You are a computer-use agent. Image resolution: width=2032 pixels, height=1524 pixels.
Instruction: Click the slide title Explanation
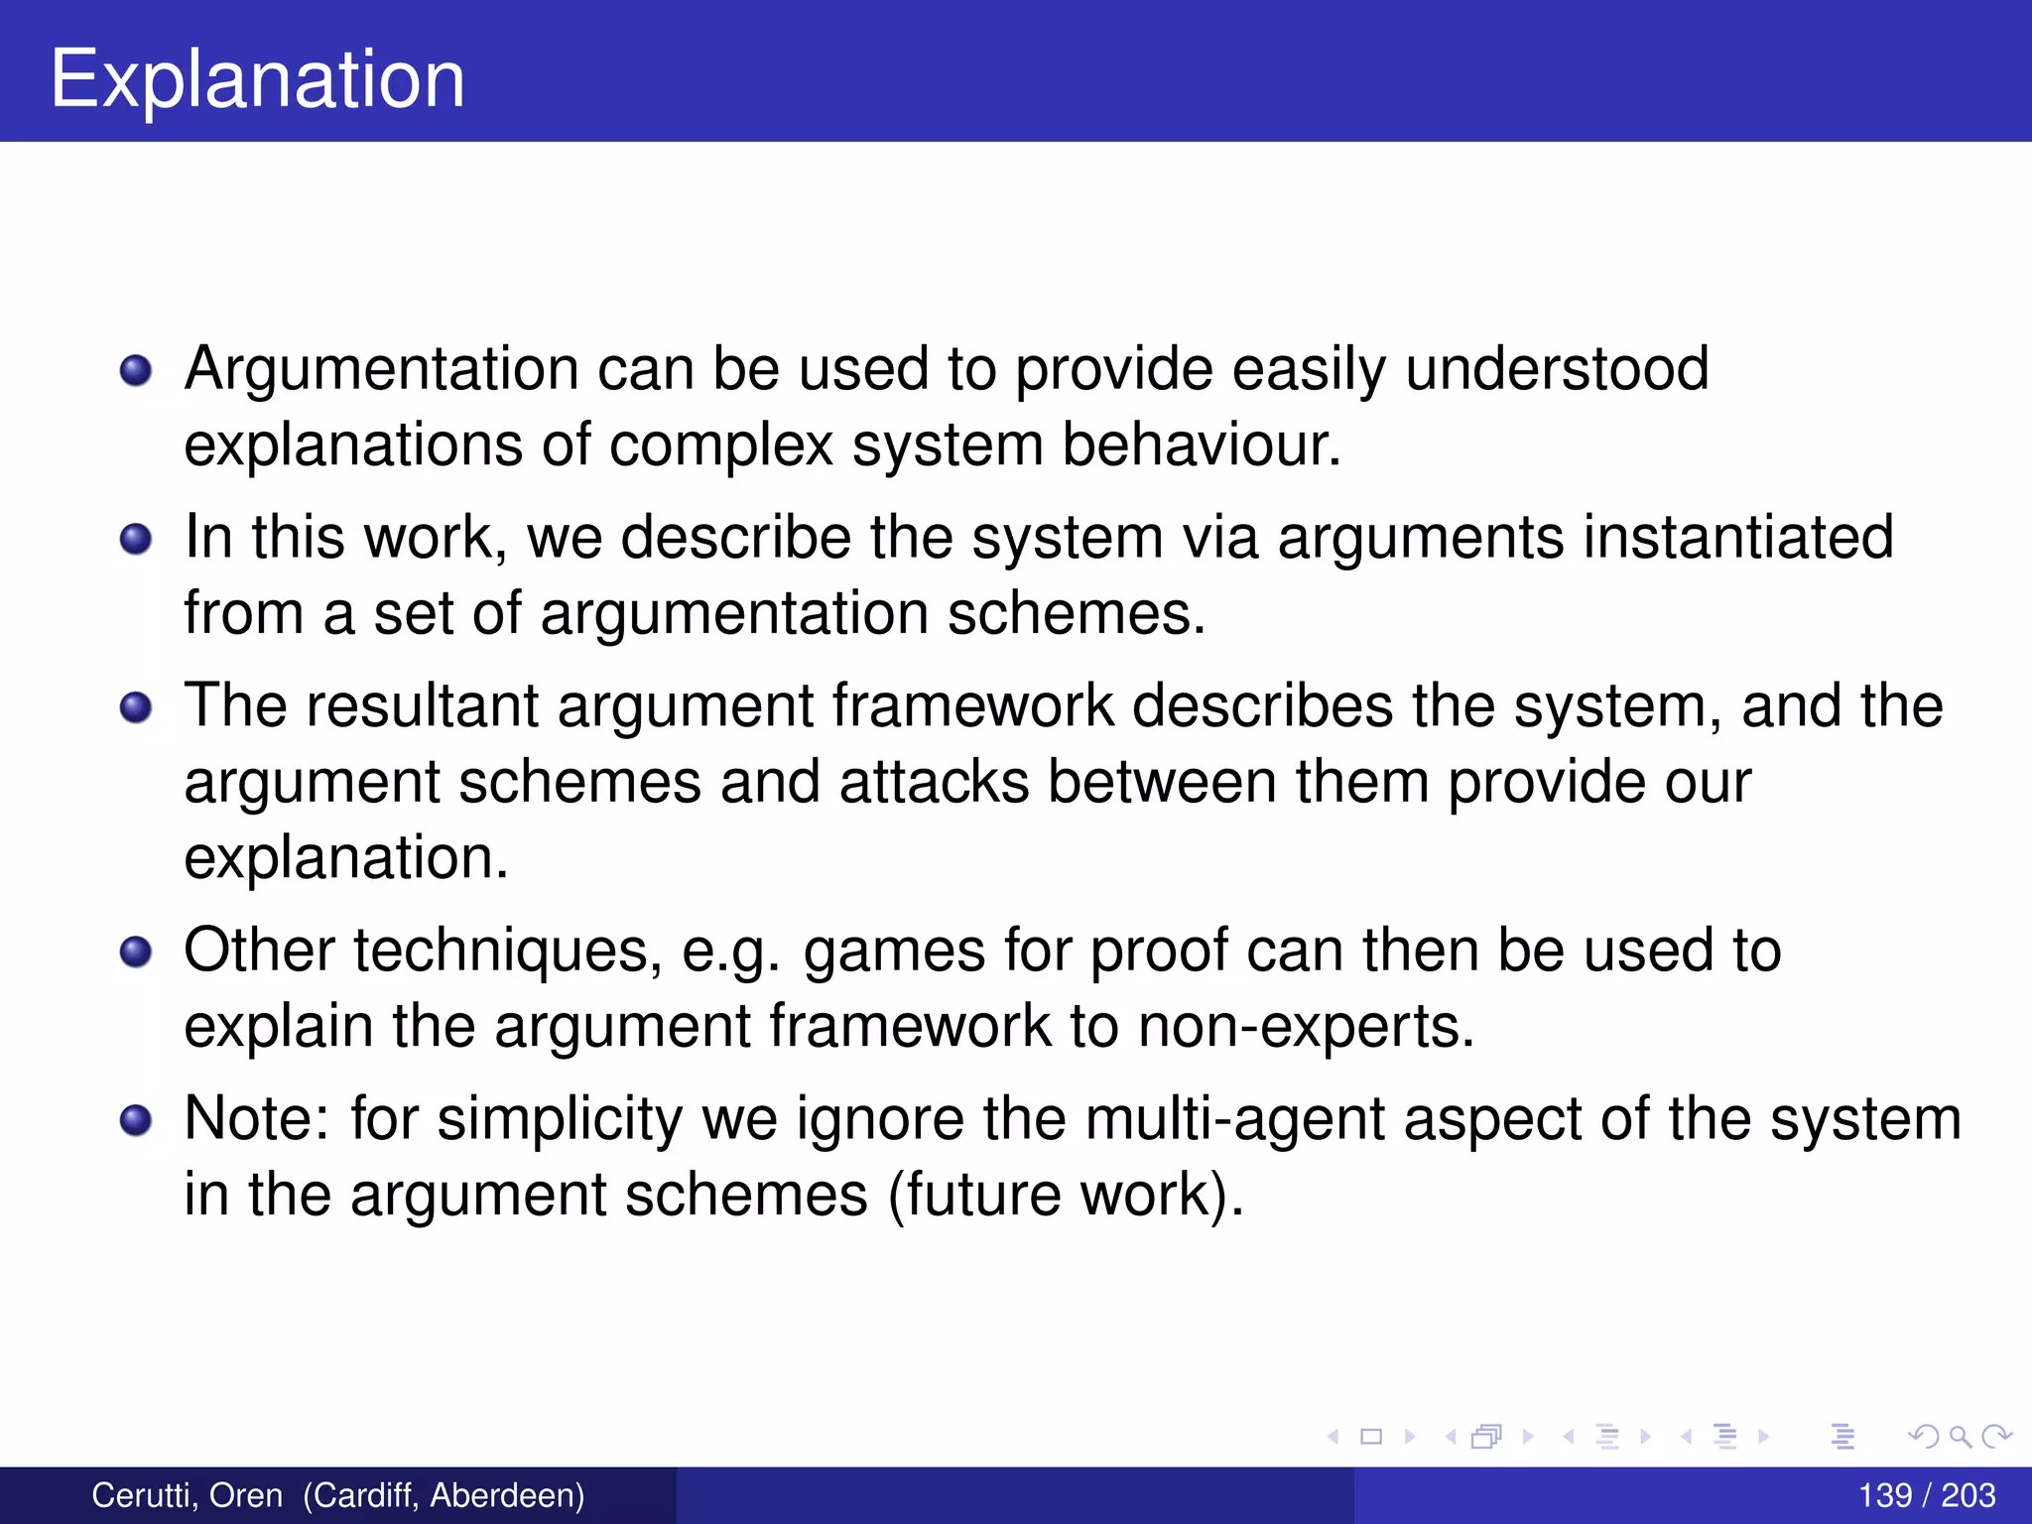(257, 79)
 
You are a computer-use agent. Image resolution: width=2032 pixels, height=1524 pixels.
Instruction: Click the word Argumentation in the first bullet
(381, 369)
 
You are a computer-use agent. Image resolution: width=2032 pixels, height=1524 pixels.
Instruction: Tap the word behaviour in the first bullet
(1201, 444)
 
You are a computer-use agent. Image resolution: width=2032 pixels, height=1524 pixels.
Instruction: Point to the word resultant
(422, 706)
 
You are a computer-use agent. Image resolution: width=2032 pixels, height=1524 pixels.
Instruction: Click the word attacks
(934, 782)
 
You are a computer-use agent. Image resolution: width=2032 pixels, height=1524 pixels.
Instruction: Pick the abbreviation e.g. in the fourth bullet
(730, 951)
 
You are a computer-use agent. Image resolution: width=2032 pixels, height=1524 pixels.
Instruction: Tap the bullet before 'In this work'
(136, 540)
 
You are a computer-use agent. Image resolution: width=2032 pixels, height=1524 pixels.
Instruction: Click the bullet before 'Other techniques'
(136, 952)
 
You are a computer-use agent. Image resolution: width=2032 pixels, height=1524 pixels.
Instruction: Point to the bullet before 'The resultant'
(136, 708)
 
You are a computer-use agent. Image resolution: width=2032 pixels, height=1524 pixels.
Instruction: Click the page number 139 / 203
(1926, 1495)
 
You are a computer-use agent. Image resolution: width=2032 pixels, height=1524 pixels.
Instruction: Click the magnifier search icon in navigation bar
(1960, 1436)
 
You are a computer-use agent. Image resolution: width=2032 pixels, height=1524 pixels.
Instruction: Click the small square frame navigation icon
(1371, 1436)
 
